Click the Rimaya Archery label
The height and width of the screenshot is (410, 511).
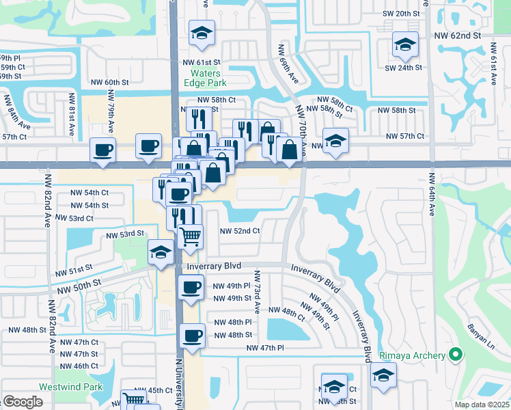417,355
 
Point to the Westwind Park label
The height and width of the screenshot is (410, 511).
70,387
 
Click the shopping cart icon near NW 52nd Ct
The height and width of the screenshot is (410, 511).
191,236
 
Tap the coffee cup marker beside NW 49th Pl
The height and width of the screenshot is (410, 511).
191,287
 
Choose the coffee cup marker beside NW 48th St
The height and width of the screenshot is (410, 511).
192,336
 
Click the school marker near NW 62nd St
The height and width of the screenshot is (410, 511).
405,45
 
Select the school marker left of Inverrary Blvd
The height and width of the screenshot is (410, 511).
161,253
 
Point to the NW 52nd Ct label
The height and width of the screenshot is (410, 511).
240,231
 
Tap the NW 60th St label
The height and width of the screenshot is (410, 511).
109,82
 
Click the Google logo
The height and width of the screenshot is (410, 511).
23,402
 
